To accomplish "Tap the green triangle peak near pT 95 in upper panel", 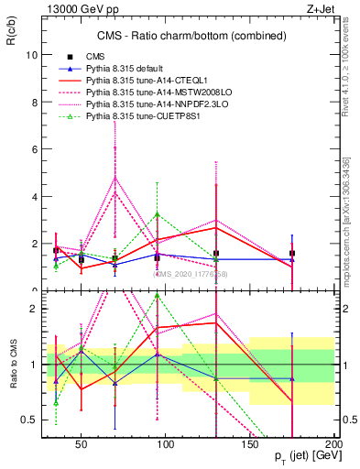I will point(158,214).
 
